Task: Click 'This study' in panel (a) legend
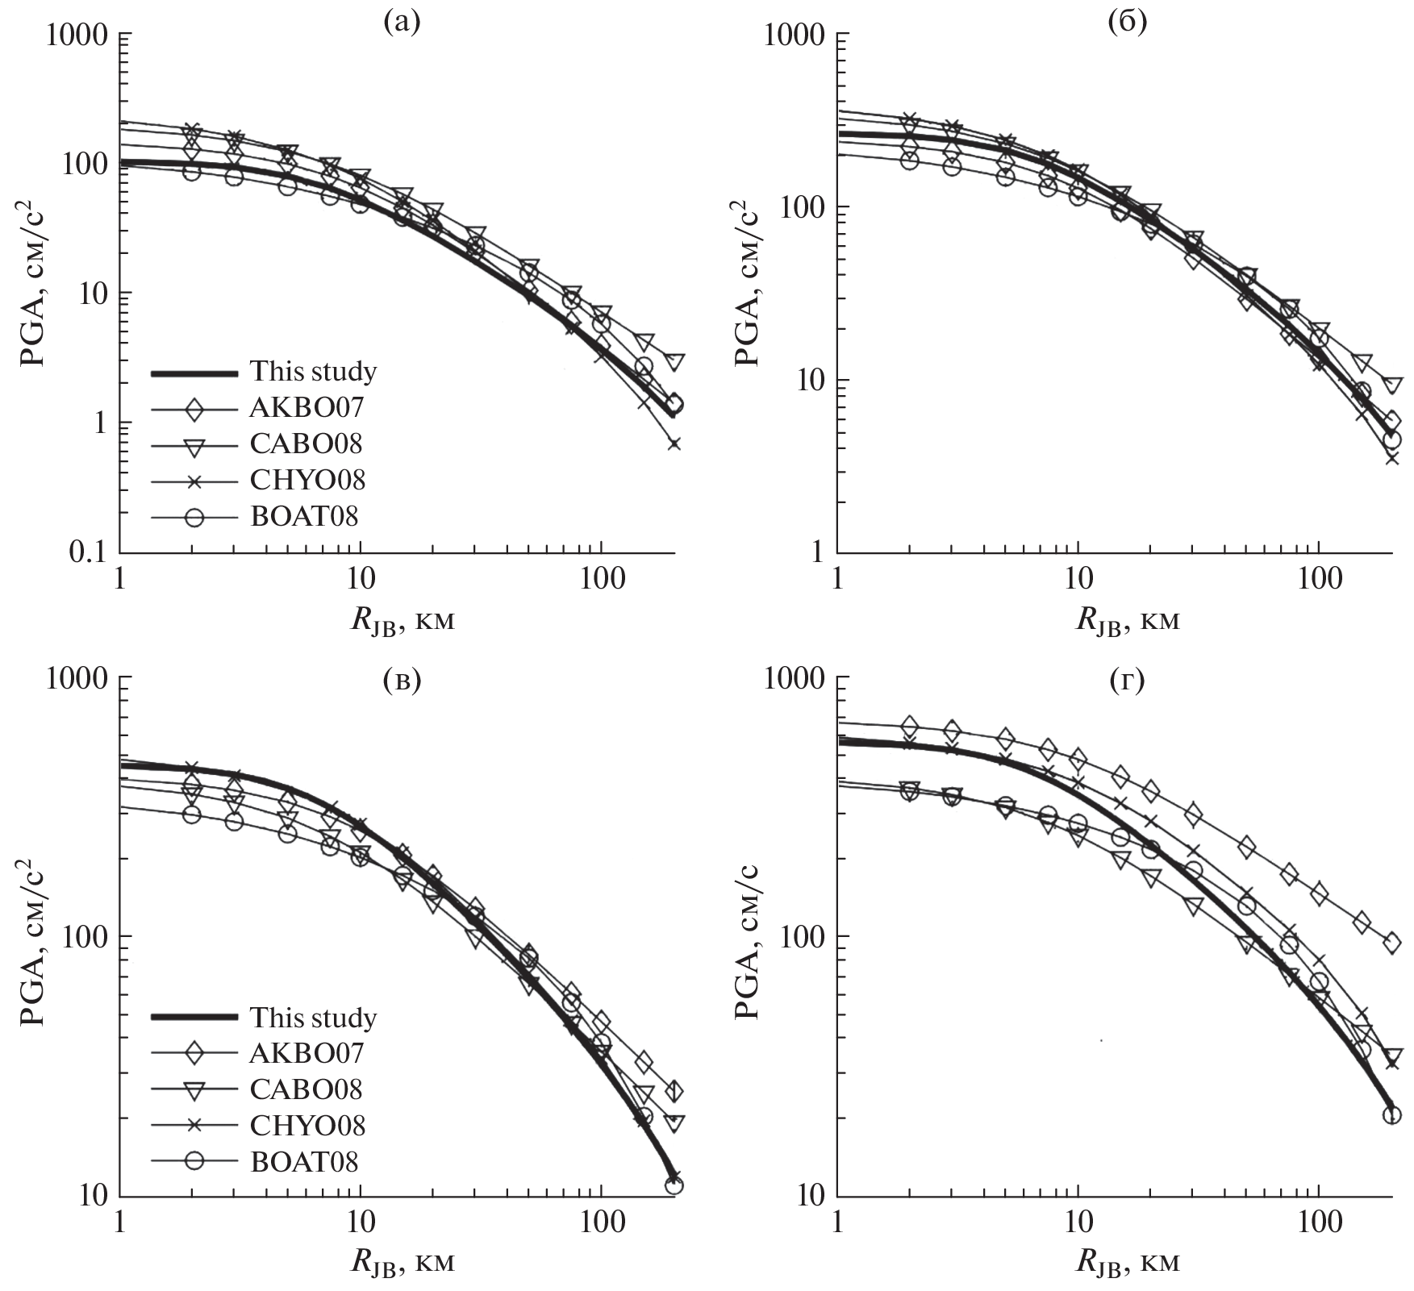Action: click(x=313, y=372)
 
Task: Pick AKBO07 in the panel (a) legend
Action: click(x=307, y=408)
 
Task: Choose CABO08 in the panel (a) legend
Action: click(x=307, y=444)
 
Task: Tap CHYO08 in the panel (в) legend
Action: click(x=307, y=1125)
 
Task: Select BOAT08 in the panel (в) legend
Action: click(x=304, y=1161)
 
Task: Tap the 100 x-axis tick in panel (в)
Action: click(x=601, y=1225)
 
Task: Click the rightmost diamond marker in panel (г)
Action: click(x=1391, y=943)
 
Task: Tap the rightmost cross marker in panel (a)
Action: click(x=674, y=444)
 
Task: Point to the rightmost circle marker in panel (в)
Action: click(x=674, y=1185)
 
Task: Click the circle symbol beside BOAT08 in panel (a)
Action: click(x=194, y=517)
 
